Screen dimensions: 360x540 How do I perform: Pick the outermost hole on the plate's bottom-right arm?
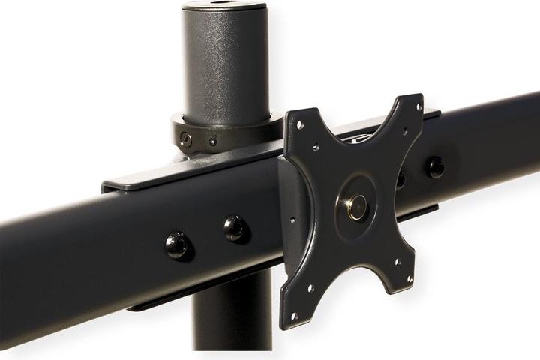[409, 279]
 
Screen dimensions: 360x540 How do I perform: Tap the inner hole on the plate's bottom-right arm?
[395, 262]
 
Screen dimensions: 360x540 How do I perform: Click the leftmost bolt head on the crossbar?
[177, 244]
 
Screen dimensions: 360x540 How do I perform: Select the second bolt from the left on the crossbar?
[235, 227]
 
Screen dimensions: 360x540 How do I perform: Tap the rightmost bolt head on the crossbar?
[435, 166]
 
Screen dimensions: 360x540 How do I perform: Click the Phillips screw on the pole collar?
[184, 138]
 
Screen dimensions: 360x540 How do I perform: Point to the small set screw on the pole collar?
[212, 141]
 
